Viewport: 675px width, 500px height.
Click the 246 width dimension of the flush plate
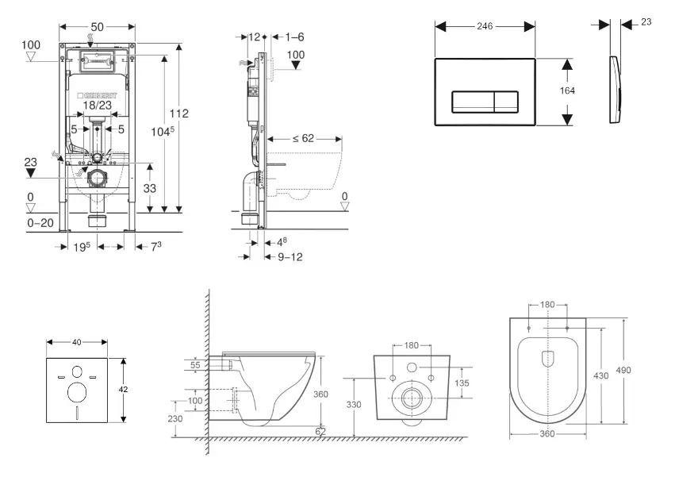[485, 26]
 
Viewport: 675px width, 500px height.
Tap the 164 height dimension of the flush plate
[567, 90]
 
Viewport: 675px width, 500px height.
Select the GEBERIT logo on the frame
[97, 94]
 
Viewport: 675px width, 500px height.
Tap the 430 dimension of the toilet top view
[601, 375]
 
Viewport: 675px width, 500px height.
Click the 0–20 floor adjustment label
[40, 223]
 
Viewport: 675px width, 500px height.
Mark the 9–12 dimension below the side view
[289, 256]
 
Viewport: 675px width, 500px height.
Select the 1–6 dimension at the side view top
[294, 37]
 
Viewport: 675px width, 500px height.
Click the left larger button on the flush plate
[474, 102]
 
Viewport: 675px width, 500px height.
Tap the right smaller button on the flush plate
[508, 102]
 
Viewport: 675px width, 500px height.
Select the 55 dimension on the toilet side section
[195, 365]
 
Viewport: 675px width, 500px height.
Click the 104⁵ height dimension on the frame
[164, 131]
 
